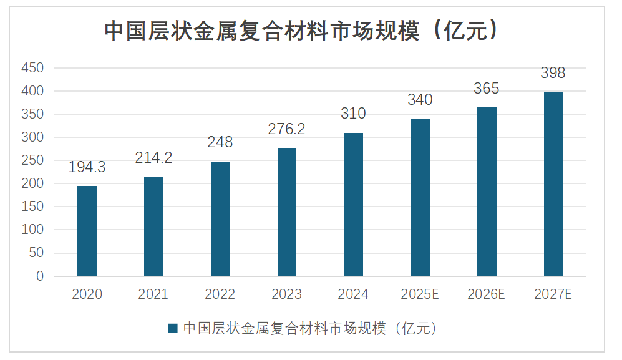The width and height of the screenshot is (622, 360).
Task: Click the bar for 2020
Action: [x=87, y=231]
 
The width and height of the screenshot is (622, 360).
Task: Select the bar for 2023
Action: [x=287, y=212]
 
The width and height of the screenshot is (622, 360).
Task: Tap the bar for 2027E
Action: [x=553, y=184]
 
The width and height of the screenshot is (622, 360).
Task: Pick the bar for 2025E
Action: [x=420, y=197]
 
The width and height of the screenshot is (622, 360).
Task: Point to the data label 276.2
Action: [x=287, y=129]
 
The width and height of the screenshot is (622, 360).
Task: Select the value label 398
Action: [x=553, y=73]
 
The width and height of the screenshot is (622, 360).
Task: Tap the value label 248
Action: [x=220, y=142]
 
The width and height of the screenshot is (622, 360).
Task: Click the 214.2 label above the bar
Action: [x=153, y=158]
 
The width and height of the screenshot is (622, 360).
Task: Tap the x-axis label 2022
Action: [x=220, y=294]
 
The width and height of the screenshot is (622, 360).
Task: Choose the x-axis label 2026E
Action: [x=486, y=294]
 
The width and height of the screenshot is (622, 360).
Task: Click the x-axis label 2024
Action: [x=353, y=294]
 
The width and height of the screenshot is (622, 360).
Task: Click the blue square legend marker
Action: [x=173, y=329]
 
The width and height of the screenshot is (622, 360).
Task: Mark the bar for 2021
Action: [x=153, y=226]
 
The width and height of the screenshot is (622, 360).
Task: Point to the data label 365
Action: [x=487, y=89]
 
